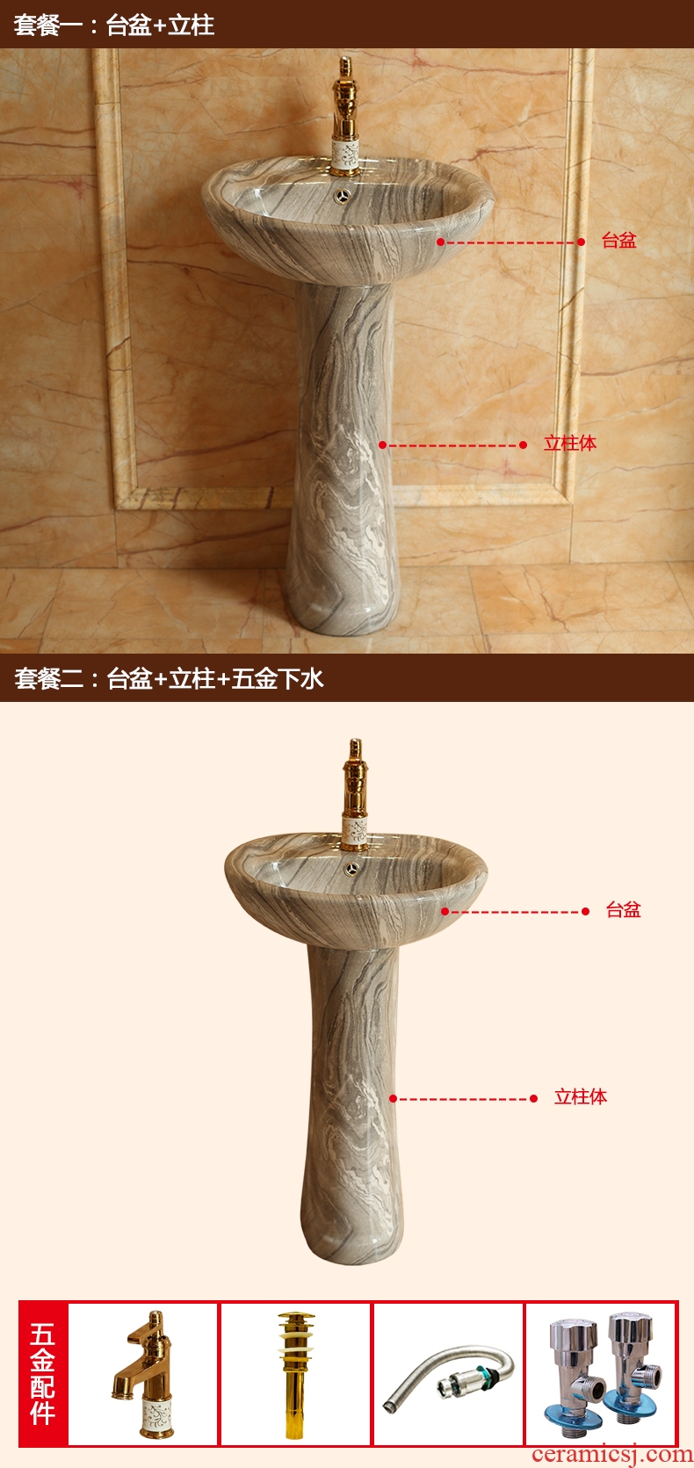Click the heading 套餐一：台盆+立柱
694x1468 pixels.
click(x=114, y=25)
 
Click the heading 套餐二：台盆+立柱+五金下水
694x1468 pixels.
click(x=169, y=678)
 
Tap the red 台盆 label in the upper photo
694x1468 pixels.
click(x=618, y=241)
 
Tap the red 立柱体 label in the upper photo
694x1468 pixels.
click(x=570, y=444)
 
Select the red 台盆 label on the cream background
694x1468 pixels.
click(x=623, y=909)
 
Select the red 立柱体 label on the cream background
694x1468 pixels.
click(x=581, y=1097)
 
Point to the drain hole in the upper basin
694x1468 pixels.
click(x=342, y=195)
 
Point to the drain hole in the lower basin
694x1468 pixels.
click(x=352, y=869)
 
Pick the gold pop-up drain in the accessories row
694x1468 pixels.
click(x=295, y=1374)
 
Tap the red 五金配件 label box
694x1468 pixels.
click(x=43, y=1374)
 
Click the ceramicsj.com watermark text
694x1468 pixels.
click(x=612, y=1456)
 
